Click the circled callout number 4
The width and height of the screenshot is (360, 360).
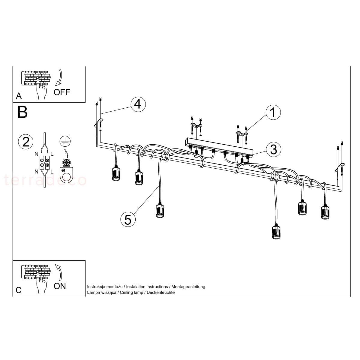tap(138, 104)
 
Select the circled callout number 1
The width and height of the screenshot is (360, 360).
tap(273, 112)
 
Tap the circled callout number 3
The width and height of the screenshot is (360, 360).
tap(274, 149)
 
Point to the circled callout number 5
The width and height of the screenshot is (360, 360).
tap(128, 219)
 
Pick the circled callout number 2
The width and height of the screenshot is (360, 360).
tap(26, 142)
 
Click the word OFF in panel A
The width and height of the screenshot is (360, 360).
tap(62, 92)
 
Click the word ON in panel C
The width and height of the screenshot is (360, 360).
tap(60, 286)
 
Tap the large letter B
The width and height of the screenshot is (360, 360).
tap(22, 112)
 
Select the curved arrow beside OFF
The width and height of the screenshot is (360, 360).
tap(59, 78)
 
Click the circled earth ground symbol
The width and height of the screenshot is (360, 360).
tap(65, 141)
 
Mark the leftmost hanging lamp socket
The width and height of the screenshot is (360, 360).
tap(116, 173)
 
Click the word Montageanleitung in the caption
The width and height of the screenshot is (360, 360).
tap(188, 286)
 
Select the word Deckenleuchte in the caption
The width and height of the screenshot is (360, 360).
tap(161, 292)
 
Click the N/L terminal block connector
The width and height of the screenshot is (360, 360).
tap(44, 163)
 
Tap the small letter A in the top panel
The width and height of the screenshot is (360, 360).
tap(19, 96)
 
